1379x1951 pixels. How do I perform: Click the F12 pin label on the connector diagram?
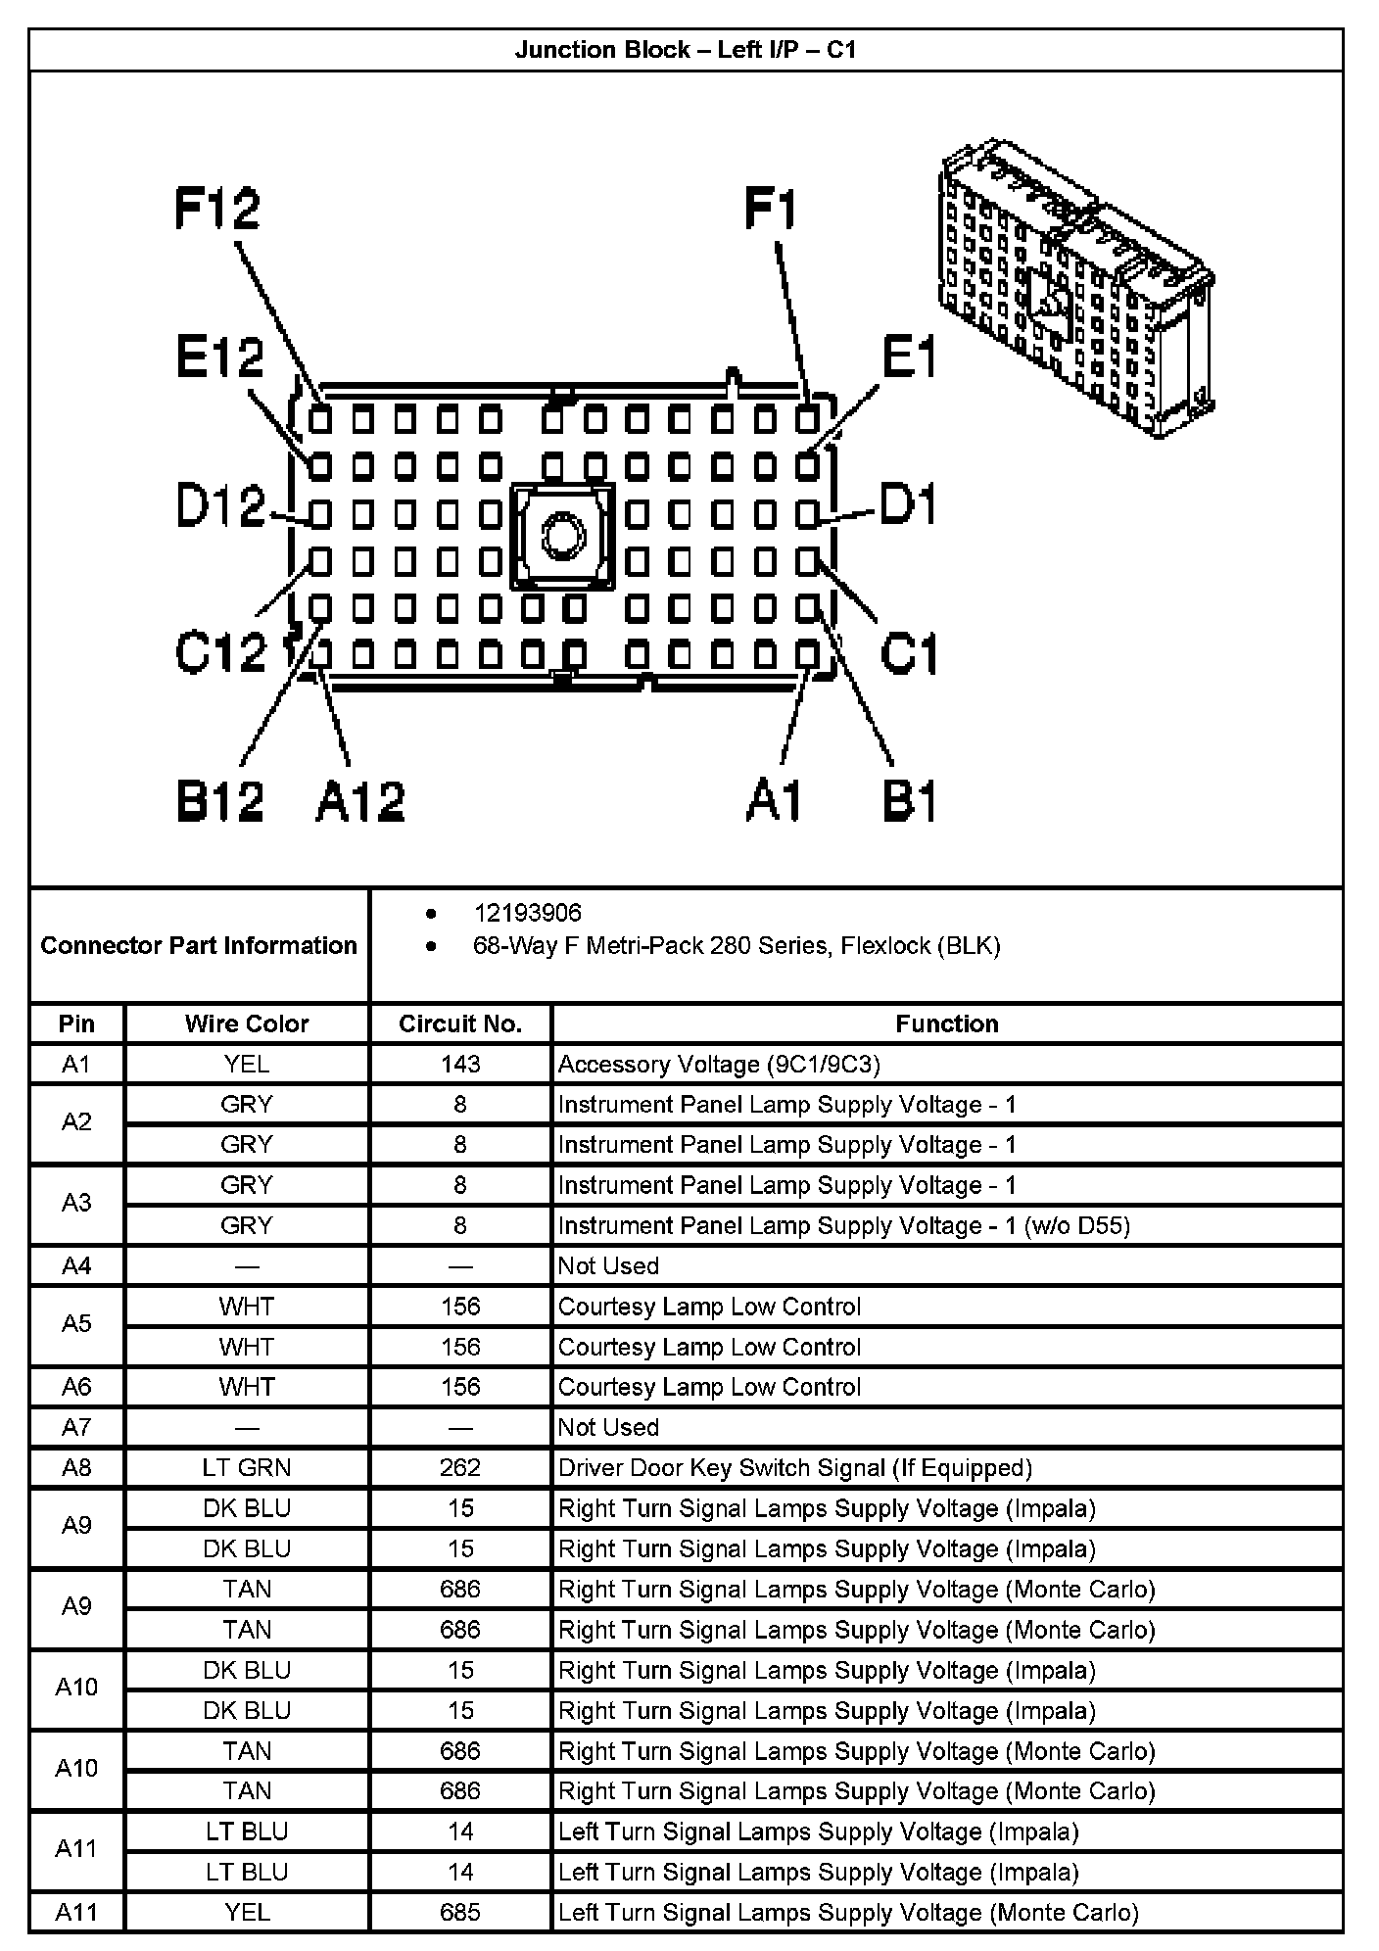217,209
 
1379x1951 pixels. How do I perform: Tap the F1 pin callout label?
772,210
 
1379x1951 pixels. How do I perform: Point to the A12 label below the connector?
359,801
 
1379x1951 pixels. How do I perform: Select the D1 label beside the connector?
908,505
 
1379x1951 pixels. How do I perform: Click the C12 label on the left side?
220,651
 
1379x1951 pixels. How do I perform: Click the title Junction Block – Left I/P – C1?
686,50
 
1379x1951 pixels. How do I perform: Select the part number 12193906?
527,913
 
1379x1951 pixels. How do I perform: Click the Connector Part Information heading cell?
199,945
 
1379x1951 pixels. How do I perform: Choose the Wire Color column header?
247,1023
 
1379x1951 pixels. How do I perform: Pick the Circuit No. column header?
460,1023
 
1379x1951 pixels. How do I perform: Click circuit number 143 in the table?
460,1064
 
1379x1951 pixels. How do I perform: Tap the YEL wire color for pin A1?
247,1064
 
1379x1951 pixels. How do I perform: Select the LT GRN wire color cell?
247,1467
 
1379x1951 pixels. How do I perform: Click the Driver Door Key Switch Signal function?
795,1467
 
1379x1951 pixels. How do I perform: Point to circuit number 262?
460,1467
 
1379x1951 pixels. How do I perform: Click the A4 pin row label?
76,1265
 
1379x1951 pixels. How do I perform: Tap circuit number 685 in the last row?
460,1912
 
